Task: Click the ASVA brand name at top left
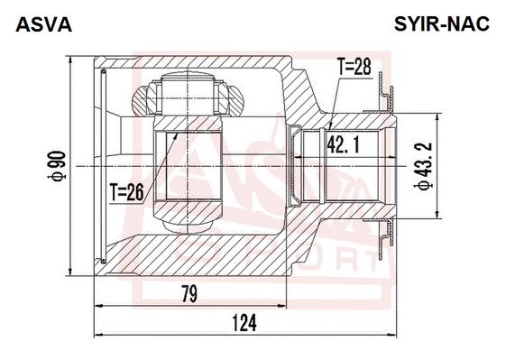pyautogui.click(x=43, y=24)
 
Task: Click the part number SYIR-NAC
pyautogui.click(x=442, y=24)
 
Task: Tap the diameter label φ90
pyautogui.click(x=57, y=166)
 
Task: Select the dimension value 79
pyautogui.click(x=189, y=294)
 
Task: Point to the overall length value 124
pyautogui.click(x=244, y=323)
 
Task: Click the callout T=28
pyautogui.click(x=354, y=67)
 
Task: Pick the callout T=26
pyautogui.click(x=127, y=192)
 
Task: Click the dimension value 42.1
pyautogui.click(x=343, y=145)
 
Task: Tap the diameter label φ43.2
pyautogui.click(x=424, y=167)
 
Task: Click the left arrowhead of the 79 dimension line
pyautogui.click(x=99, y=306)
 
